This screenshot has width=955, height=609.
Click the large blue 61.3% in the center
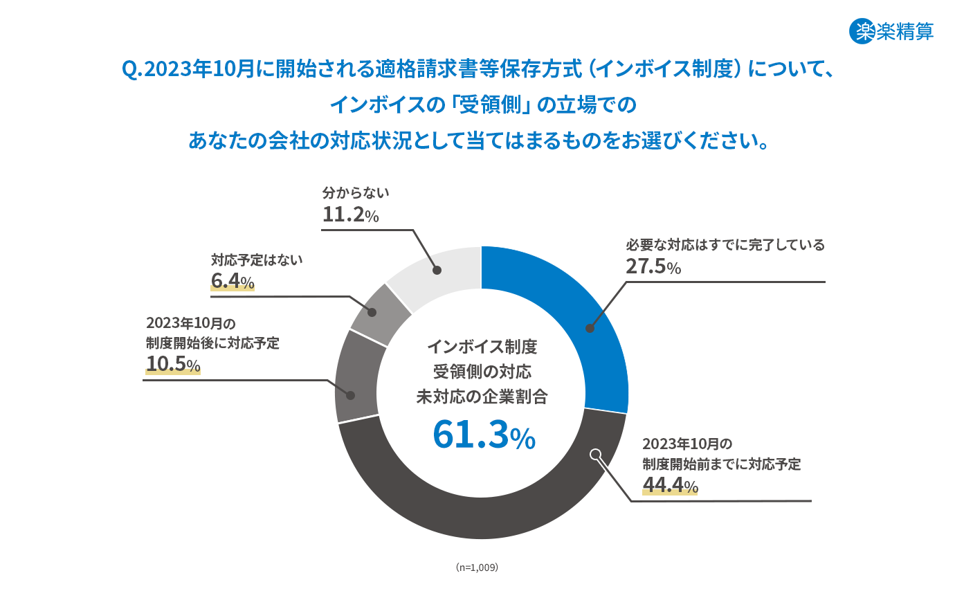[484, 435]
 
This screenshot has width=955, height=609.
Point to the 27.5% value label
[653, 266]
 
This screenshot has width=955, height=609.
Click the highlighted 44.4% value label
[670, 485]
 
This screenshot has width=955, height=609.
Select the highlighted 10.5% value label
[173, 364]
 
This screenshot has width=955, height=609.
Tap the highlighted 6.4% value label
[233, 281]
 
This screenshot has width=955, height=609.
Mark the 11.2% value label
[350, 215]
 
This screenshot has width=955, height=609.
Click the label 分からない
[356, 193]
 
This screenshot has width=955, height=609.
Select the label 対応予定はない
[257, 260]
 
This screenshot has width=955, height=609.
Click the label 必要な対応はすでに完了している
[725, 245]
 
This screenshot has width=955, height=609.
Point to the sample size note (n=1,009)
[477, 567]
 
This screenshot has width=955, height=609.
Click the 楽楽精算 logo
[891, 31]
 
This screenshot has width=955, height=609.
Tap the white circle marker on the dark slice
[596, 455]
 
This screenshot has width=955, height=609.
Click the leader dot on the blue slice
[590, 328]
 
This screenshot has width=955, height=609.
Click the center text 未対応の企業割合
[482, 397]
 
